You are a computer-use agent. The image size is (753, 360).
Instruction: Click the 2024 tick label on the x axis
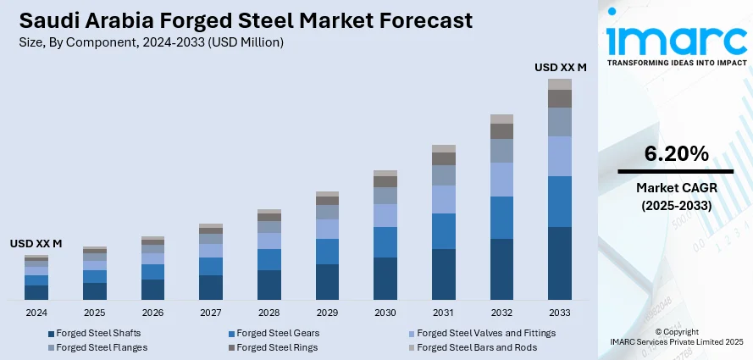36,313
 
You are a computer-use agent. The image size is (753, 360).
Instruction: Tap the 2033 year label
560,313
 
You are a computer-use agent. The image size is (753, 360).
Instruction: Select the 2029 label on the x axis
327,313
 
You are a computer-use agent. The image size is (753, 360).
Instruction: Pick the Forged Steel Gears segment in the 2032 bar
501,217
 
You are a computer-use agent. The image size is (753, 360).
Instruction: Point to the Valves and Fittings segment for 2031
444,199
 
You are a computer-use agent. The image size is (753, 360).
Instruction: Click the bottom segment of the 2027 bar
211,287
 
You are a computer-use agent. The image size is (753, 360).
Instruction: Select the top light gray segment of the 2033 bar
560,84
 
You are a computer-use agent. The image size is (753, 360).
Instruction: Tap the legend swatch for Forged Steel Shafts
52,334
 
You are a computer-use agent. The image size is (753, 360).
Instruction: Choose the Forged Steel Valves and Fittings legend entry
486,333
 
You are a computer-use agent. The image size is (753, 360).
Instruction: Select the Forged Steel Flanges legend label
102,347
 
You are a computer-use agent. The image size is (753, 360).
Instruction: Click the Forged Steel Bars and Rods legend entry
475,347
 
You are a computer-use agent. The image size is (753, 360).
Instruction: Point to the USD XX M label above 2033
560,66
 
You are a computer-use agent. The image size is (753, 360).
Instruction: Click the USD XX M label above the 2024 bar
36,243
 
